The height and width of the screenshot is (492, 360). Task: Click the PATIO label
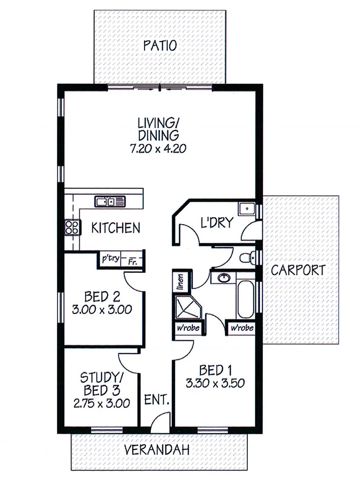[x=159, y=46]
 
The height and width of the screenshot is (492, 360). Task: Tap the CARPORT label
[x=298, y=270]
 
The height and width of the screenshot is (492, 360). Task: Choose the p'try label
[x=110, y=259]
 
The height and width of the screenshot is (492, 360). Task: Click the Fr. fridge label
[x=133, y=261]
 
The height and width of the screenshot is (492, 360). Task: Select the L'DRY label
[x=217, y=223]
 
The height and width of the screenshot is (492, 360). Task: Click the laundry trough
[x=247, y=209]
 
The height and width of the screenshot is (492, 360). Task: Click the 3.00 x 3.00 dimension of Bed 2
[x=102, y=310]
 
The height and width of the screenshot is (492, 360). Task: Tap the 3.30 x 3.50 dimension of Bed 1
[x=213, y=383]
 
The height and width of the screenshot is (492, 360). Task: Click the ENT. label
[x=157, y=401]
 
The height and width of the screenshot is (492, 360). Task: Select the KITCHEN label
[x=116, y=227]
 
